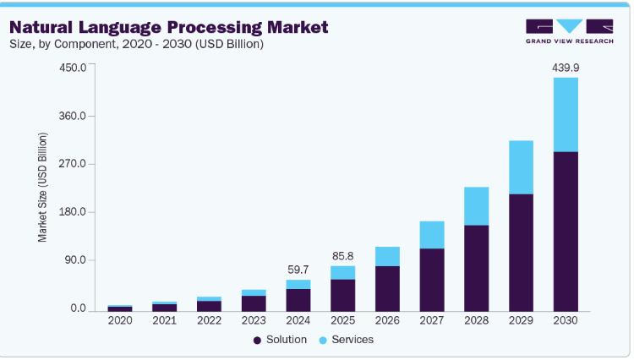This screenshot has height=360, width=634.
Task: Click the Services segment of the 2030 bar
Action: [565, 115]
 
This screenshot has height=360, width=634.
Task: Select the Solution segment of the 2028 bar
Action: [477, 268]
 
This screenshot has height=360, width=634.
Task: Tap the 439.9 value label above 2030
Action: [565, 66]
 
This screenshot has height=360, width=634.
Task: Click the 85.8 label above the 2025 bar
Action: [342, 254]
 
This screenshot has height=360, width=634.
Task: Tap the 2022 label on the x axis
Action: [209, 321]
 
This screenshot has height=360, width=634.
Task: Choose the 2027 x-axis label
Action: [432, 321]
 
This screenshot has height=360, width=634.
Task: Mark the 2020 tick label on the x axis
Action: [120, 321]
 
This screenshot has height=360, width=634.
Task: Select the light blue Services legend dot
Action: [324, 340]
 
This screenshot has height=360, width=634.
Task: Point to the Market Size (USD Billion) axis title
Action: [43, 188]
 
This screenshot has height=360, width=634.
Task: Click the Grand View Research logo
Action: [568, 31]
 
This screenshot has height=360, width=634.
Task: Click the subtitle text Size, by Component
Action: [63, 44]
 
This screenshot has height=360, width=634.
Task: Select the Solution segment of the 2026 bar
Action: [387, 288]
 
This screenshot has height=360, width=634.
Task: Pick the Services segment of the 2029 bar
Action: [521, 167]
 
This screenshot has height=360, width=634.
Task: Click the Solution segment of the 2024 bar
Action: [298, 300]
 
